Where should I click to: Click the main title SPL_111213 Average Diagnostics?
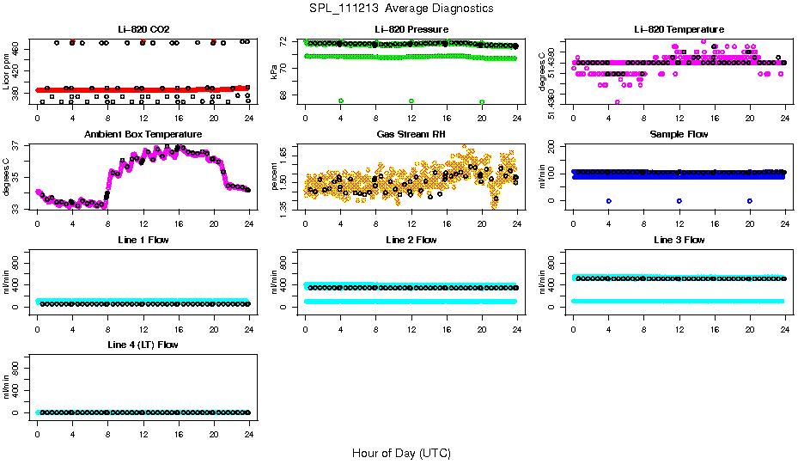point(402,8)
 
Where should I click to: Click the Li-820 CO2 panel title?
point(143,29)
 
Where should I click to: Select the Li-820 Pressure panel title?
point(411,29)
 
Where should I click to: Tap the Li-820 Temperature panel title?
point(679,29)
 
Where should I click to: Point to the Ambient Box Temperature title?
point(143,134)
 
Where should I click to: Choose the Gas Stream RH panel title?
point(411,134)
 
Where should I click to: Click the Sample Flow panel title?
point(679,134)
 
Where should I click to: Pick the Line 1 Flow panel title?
point(143,240)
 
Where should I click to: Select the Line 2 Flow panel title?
point(411,240)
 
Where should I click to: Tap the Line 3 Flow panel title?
point(679,240)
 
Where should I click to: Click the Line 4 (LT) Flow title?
point(143,345)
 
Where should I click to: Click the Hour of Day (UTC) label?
point(401,452)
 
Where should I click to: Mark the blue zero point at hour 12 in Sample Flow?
point(679,200)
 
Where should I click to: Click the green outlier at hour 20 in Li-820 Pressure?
point(482,101)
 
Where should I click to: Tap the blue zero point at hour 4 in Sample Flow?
point(608,200)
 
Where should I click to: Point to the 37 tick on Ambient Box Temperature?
point(19,147)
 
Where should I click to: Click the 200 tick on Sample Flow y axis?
point(555,146)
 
